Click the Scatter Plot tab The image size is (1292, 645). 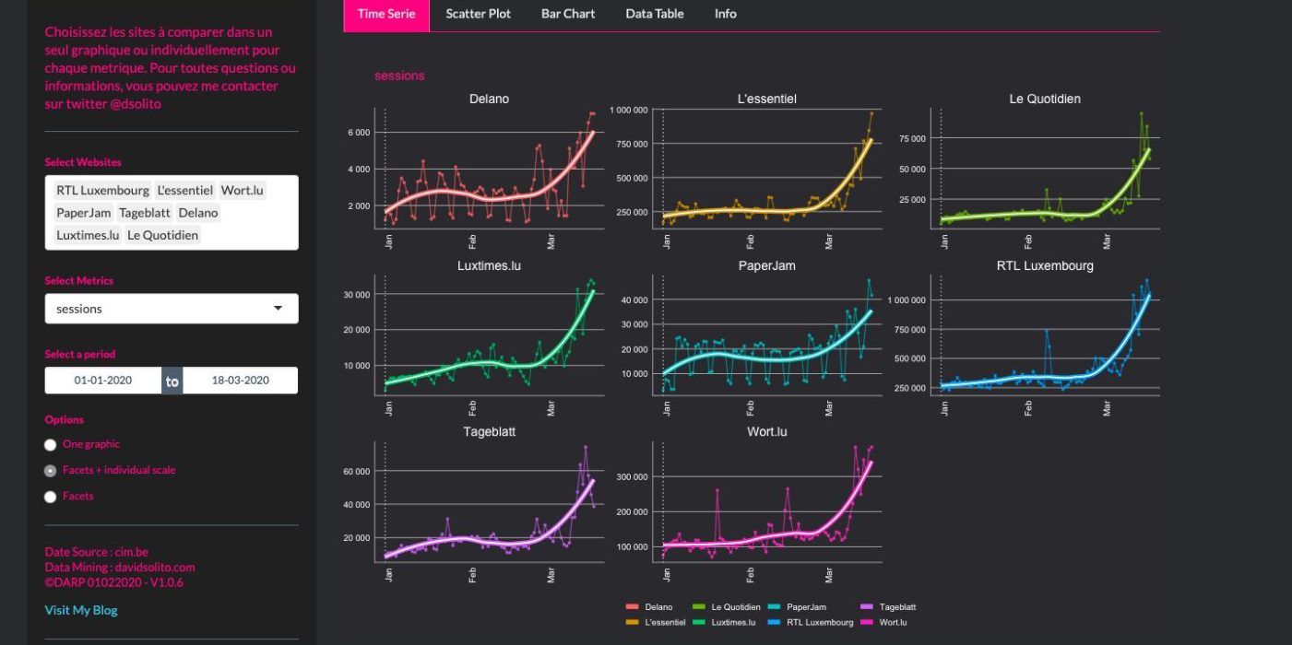point(478,14)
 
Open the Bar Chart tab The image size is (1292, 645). point(568,14)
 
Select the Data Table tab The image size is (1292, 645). point(654,14)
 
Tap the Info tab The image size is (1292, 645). point(726,14)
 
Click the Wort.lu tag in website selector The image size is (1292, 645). point(243,191)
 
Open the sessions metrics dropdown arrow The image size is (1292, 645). point(278,309)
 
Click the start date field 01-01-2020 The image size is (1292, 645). point(103,380)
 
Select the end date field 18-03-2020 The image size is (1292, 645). point(241,380)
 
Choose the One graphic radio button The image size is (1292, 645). point(51,445)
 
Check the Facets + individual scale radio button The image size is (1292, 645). point(51,471)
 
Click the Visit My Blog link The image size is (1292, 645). point(81,610)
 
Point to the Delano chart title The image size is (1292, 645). point(489,99)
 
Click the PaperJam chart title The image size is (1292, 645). point(766,265)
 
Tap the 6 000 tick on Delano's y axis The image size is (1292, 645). point(359,133)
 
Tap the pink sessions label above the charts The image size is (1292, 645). point(399,76)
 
